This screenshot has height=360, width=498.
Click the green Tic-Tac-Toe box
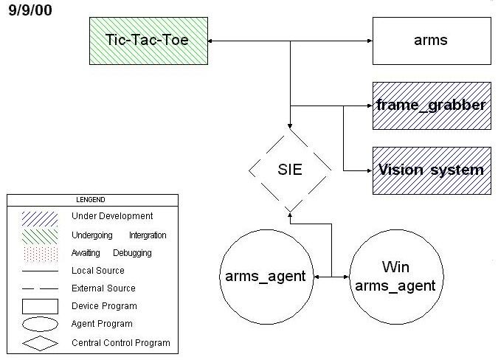click(148, 39)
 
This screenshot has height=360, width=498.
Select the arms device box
click(431, 40)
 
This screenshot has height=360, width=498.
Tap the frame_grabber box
click(431, 105)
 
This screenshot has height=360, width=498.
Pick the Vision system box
click(431, 170)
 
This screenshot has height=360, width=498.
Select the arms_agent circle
click(264, 277)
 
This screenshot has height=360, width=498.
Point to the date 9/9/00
click(30, 12)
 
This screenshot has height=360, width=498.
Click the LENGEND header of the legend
click(92, 200)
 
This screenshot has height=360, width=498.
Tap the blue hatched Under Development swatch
click(40, 218)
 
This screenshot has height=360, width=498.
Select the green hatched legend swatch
click(40, 236)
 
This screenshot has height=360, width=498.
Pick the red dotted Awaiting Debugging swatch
click(40, 254)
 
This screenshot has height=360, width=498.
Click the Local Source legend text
click(98, 271)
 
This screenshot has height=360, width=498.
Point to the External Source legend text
click(103, 288)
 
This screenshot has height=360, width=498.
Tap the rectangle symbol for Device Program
click(40, 306)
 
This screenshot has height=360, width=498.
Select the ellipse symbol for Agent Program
click(40, 324)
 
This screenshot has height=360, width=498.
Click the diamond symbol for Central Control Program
click(40, 343)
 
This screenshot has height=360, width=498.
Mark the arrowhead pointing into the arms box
click(368, 40)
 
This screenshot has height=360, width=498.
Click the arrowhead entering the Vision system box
click(368, 170)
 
